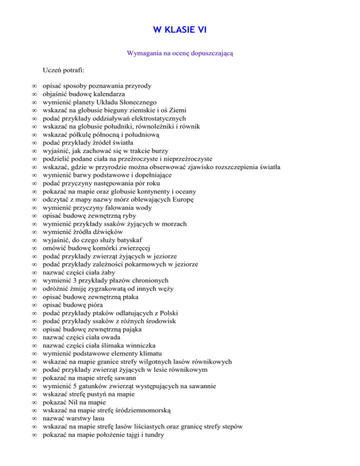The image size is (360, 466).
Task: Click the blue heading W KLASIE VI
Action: (x=180, y=30)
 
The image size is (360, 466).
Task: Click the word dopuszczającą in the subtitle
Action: (x=212, y=53)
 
